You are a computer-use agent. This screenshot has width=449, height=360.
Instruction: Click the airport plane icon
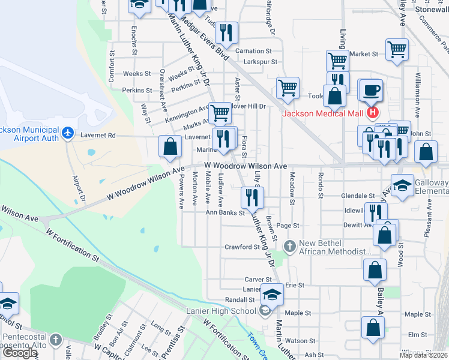point(68,131)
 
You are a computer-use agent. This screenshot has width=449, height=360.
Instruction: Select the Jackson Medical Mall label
point(323,113)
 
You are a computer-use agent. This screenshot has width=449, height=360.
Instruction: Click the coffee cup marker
point(371,91)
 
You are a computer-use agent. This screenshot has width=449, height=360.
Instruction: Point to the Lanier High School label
point(221,311)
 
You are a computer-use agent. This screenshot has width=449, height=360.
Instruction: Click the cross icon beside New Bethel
point(290,246)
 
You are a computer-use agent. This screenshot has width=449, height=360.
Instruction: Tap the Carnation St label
point(253,51)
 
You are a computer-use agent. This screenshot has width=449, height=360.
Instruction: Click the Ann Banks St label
point(226,212)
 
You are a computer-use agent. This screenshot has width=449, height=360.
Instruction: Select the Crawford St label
point(241,247)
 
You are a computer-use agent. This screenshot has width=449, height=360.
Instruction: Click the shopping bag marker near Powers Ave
point(170,146)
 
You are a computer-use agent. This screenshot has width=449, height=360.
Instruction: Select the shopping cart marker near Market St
point(397,49)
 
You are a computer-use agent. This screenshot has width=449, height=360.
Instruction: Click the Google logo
point(20,353)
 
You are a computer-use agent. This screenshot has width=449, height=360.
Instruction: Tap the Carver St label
point(258,280)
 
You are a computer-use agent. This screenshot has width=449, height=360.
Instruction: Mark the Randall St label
point(240,299)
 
